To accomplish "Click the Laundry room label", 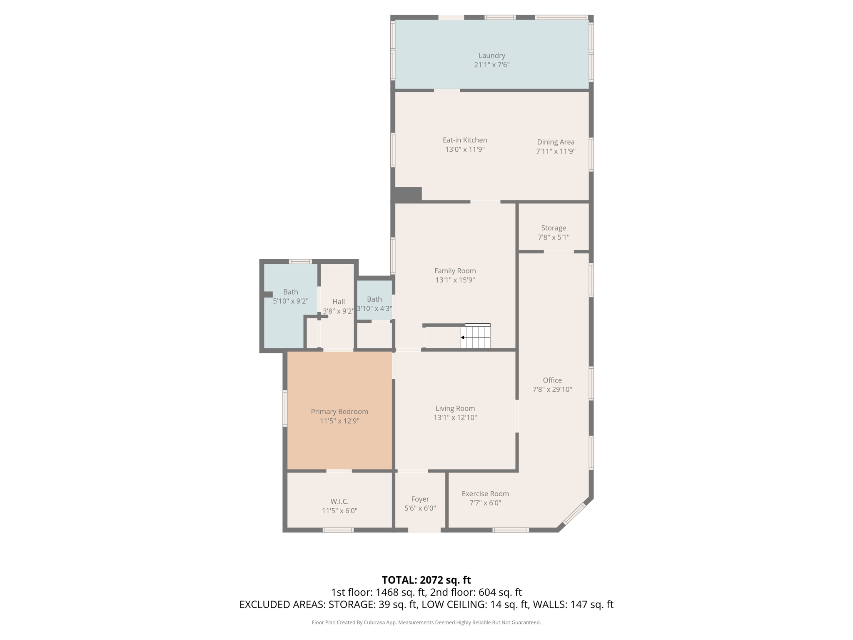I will (x=491, y=55).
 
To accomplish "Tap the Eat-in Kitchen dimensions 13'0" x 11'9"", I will (x=465, y=150).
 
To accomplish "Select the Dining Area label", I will (x=556, y=142).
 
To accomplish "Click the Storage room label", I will (x=553, y=228).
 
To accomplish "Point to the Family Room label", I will (x=455, y=271).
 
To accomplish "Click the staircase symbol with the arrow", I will (x=475, y=337).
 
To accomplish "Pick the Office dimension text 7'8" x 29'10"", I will (x=552, y=390).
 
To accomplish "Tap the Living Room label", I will (x=455, y=409).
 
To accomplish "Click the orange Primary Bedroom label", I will (x=339, y=412).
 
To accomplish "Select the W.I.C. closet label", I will (x=339, y=501).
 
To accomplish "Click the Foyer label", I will (x=420, y=499).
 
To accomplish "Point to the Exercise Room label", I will (x=485, y=494).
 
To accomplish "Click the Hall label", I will (x=338, y=302).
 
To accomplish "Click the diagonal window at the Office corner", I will (x=574, y=514).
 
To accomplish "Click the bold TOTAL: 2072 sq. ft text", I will (x=426, y=580).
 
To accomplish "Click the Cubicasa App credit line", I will (x=426, y=622).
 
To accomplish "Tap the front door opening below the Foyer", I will (x=424, y=530).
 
